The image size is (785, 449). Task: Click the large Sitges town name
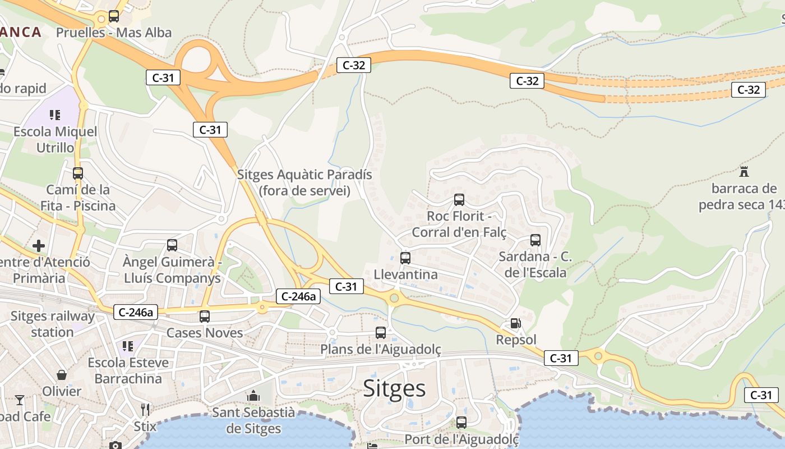394,388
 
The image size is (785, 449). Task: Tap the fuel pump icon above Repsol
515,324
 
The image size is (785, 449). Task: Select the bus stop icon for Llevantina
405,258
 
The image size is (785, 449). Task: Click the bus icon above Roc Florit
459,200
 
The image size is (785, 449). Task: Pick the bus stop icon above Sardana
535,240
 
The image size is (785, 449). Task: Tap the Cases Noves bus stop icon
204,317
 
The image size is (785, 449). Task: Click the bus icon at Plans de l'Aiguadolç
380,333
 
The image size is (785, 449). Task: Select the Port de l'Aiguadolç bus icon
461,423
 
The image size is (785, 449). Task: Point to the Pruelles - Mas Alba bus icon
114,16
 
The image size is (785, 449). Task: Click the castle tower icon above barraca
744,172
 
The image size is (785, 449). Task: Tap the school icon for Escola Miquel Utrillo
55,116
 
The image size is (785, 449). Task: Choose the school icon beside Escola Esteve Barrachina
128,346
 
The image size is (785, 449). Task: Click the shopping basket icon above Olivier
62,375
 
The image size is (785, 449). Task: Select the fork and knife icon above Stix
145,409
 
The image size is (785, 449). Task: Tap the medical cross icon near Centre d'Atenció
39,246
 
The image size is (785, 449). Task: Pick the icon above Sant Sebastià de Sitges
253,396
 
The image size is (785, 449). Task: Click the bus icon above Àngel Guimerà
172,245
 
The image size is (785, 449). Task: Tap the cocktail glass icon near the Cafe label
20,400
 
